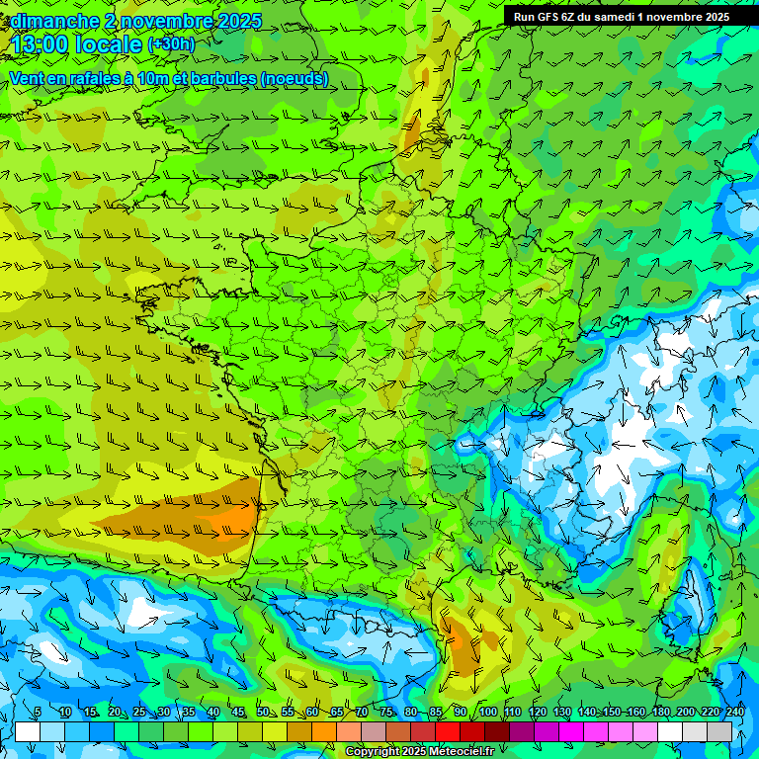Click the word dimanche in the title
tap(51, 21)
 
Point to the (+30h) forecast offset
tap(171, 44)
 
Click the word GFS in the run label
tap(548, 17)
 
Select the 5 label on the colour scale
tap(38, 713)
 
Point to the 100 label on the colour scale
tap(488, 713)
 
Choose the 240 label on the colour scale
tap(734, 713)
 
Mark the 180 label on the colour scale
tap(660, 713)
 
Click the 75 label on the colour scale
tap(387, 713)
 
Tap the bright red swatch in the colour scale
tap(448, 731)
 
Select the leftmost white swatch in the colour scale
tap(28, 731)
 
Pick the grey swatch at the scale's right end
tap(719, 731)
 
